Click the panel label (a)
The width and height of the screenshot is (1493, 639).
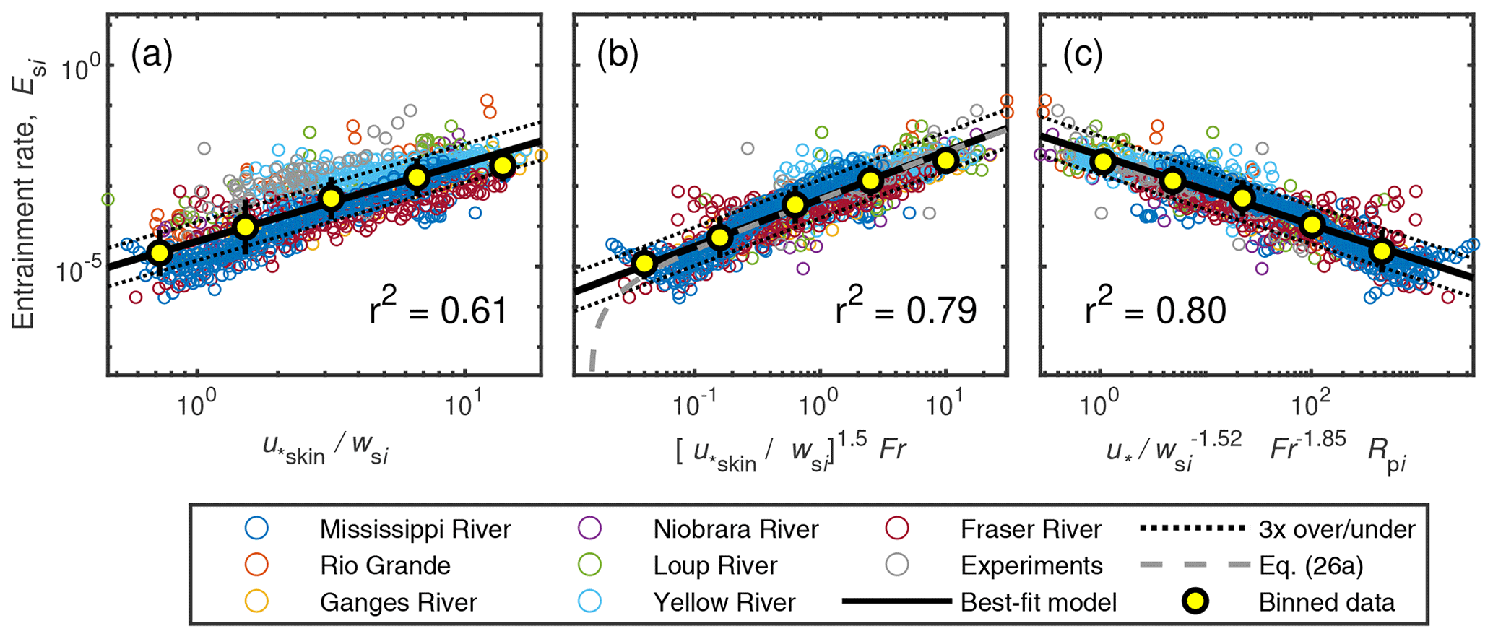(x=152, y=56)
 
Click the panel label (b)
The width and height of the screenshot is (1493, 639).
(x=618, y=56)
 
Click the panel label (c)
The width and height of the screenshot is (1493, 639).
(x=1083, y=56)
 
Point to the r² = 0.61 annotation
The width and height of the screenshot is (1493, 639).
(x=438, y=310)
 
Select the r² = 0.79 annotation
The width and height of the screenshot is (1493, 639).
(x=905, y=310)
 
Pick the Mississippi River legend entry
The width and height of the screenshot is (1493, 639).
(x=415, y=529)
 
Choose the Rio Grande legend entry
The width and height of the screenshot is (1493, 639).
(x=385, y=565)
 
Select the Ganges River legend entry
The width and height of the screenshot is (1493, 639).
(x=399, y=602)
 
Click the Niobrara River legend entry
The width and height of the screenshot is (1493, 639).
(x=735, y=529)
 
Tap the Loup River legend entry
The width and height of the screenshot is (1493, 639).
(x=715, y=565)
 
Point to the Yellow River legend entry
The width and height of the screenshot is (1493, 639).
(x=724, y=602)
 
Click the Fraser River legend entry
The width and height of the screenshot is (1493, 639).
(x=1031, y=529)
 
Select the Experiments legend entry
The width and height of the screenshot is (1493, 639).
(x=1031, y=565)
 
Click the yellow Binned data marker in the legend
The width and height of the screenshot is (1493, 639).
(x=1195, y=601)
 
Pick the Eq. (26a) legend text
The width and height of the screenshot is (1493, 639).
(x=1310, y=565)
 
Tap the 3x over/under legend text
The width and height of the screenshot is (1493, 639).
(x=1336, y=529)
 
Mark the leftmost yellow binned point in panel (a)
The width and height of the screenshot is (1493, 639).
(x=159, y=253)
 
